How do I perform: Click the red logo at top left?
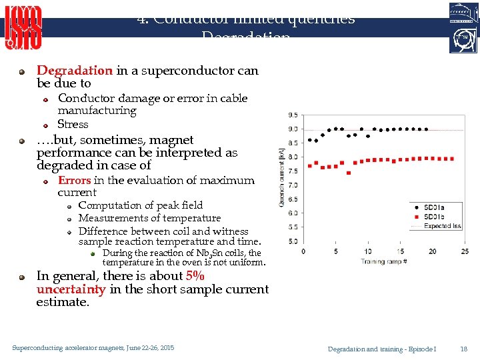24,27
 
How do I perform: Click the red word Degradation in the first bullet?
75,71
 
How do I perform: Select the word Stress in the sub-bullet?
73,124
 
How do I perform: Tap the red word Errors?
75,180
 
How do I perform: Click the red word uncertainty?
71,289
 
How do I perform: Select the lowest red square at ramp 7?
349,173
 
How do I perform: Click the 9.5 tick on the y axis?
293,115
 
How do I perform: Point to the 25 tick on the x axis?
465,251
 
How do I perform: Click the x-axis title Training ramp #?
383,261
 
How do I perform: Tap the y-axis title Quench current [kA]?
282,177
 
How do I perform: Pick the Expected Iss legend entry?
441,226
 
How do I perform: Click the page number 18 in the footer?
463,349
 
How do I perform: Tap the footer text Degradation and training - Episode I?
382,349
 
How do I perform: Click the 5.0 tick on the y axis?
293,241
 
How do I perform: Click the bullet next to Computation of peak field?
69,206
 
